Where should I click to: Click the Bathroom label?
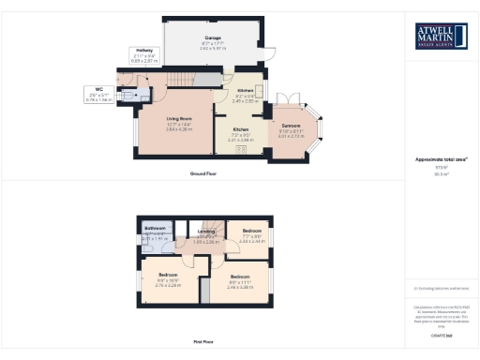click(155, 229)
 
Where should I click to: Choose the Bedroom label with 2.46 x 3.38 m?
click(239, 277)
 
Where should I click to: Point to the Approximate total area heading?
click(441, 159)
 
